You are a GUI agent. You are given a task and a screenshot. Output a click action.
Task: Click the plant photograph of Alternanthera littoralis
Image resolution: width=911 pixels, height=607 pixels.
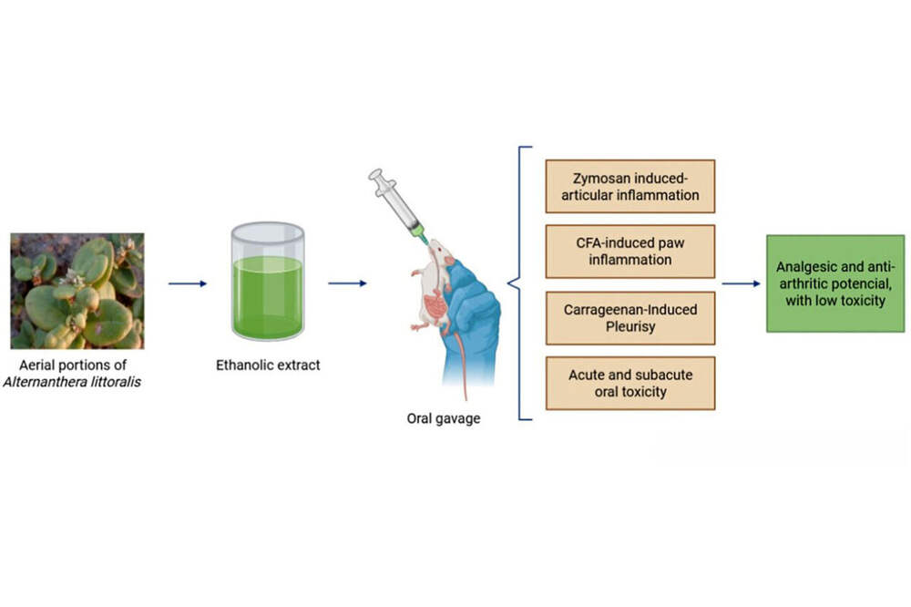[77, 291]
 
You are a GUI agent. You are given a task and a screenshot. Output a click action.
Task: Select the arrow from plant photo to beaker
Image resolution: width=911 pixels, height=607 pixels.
[188, 283]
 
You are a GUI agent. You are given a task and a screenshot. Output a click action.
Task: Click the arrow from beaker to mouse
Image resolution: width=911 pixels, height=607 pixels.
[347, 283]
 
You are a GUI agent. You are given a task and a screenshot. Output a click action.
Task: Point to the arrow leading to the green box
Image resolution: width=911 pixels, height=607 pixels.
[742, 283]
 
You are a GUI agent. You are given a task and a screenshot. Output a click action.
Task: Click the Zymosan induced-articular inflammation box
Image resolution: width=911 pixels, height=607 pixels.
[630, 186]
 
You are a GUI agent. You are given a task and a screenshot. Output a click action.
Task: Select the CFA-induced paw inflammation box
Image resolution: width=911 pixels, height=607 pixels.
[630, 252]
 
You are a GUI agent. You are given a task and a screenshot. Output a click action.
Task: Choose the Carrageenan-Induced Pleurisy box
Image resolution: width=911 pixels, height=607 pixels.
[630, 318]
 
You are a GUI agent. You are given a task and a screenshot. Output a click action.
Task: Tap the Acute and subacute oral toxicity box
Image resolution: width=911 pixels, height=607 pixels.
[630, 384]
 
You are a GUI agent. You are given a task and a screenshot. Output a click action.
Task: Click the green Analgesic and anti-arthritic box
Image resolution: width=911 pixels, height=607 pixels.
[834, 283]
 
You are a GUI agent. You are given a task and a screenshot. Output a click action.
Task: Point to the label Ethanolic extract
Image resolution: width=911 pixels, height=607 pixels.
[267, 366]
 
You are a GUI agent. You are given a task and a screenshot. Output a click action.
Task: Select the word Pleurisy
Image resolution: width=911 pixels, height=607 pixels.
[630, 326]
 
